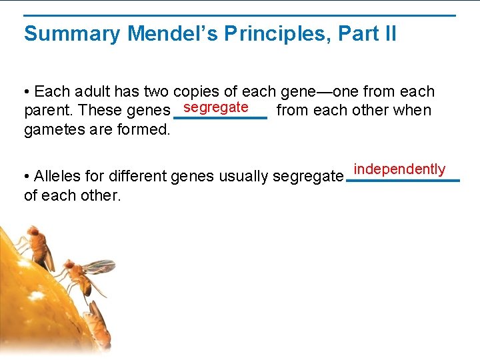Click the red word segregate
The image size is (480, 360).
(216, 107)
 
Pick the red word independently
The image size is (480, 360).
(399, 169)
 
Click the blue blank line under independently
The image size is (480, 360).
(403, 181)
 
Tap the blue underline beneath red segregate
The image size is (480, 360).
(220, 118)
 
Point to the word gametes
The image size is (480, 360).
(53, 129)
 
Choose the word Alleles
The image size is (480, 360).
(59, 177)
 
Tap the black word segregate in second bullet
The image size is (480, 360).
(307, 177)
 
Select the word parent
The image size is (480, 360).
(48, 110)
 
